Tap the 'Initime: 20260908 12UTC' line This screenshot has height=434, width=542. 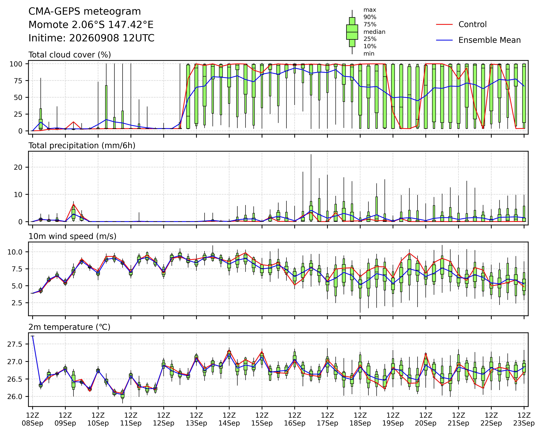tap(91, 38)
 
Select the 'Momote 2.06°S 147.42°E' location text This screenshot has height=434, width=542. tap(91, 25)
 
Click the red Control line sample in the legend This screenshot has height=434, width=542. tap(444, 24)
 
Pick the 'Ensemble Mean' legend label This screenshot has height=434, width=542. tap(489, 40)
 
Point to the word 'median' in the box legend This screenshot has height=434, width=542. tap(374, 32)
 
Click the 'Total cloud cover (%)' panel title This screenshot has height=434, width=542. tap(70, 55)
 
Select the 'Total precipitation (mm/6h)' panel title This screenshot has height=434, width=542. tap(82, 146)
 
